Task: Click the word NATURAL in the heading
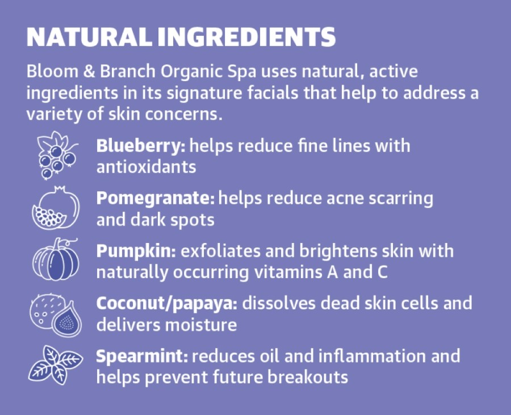[x=89, y=37]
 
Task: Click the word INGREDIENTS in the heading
[x=247, y=37]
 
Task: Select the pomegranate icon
[x=56, y=208]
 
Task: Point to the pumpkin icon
[x=56, y=259]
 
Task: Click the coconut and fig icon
[x=56, y=315]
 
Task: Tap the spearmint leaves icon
[x=56, y=365]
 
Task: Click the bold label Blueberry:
[x=141, y=145]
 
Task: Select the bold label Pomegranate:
[x=156, y=198]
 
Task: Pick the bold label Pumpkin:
[x=136, y=251]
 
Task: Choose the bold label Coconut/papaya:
[x=167, y=304]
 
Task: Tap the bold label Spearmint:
[x=142, y=357]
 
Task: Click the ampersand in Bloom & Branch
[x=89, y=72]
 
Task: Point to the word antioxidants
[x=146, y=167]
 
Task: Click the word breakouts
[x=308, y=377]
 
